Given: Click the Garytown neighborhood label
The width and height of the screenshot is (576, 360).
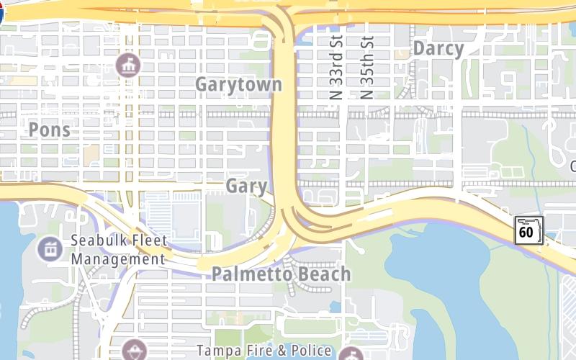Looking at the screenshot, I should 238,84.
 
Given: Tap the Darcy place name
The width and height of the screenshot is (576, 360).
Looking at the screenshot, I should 438,49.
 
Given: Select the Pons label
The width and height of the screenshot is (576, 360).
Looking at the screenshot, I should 50,130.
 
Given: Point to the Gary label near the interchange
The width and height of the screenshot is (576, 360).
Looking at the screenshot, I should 246,186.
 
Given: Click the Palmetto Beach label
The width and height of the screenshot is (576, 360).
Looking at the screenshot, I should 281,274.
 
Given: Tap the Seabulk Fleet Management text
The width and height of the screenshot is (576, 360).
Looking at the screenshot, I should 119,250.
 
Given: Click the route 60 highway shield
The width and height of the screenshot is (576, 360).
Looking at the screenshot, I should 526,230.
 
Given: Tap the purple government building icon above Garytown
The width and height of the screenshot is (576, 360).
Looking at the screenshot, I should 129,66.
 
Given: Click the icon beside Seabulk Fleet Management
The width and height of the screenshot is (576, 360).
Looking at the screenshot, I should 50,249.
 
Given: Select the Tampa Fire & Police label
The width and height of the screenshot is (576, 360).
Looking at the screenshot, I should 264,351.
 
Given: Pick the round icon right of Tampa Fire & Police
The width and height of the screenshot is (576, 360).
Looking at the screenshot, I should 351,354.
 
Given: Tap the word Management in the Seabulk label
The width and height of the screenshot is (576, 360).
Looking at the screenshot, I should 118,259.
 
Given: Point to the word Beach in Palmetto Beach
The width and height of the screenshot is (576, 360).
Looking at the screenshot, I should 323,274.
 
